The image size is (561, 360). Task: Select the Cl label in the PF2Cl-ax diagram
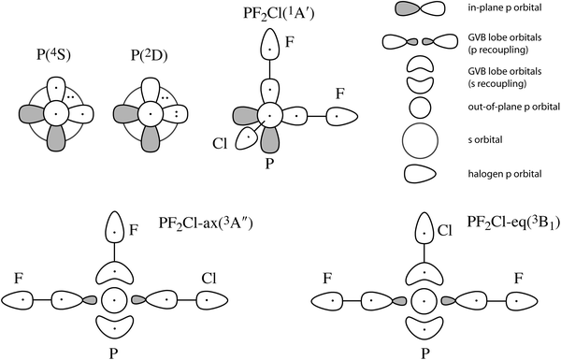point(209,278)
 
